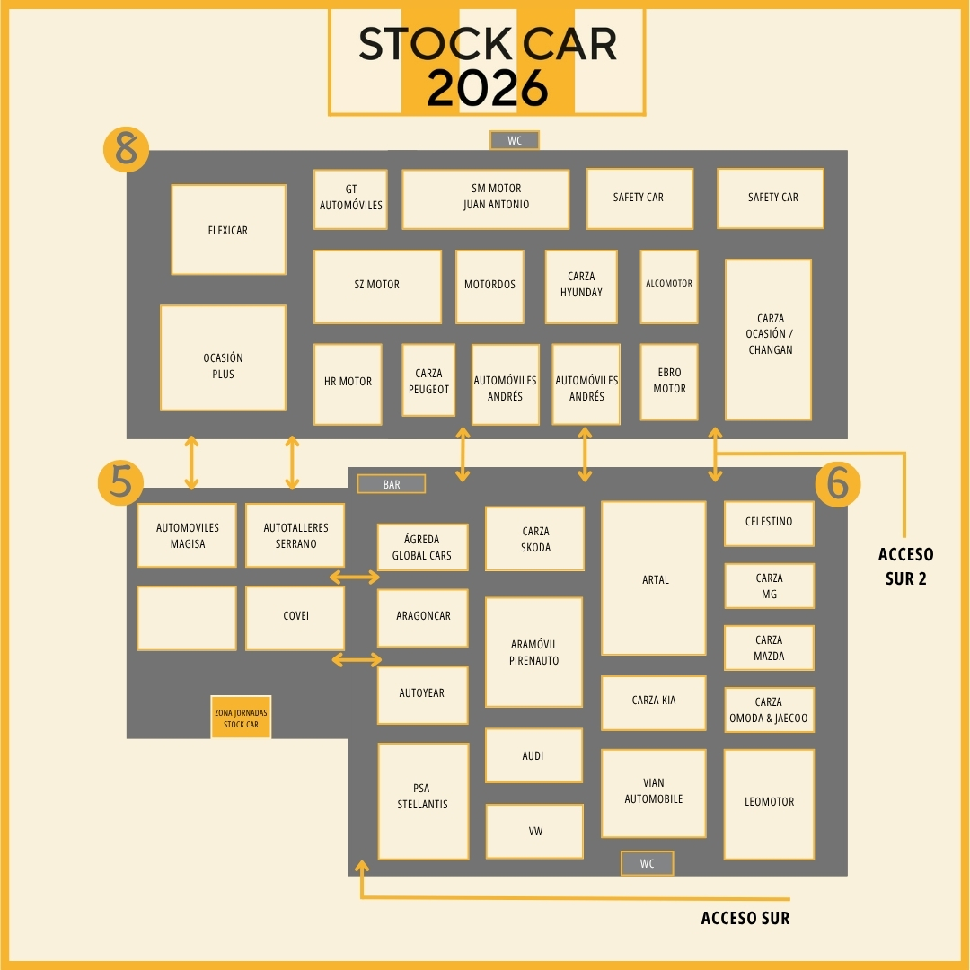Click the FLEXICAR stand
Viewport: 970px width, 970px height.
[228, 230]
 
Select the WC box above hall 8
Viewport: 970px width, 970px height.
[515, 140]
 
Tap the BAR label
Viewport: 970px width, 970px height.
[392, 484]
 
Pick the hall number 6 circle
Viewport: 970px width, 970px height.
[837, 484]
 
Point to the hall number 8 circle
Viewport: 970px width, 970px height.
[127, 149]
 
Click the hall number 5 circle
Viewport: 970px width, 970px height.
[120, 482]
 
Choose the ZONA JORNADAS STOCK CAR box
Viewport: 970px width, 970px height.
[241, 718]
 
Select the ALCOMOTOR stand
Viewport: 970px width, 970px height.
[669, 287]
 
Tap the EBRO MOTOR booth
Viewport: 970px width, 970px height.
[669, 381]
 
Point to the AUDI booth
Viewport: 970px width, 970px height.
[533, 755]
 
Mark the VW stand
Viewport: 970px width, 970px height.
[535, 831]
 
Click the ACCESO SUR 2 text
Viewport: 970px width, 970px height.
[905, 567]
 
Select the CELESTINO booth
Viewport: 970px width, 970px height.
[769, 524]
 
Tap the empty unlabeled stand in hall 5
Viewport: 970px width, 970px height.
[187, 618]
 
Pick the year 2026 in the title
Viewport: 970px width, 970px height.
[487, 87]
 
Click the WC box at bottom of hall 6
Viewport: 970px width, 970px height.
[648, 863]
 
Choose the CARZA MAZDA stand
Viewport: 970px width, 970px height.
[769, 648]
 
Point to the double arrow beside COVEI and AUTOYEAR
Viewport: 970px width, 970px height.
[357, 660]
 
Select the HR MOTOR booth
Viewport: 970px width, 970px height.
[348, 384]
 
